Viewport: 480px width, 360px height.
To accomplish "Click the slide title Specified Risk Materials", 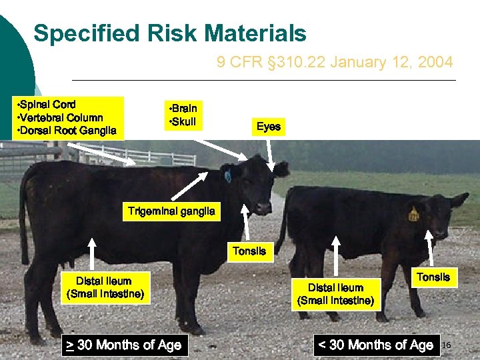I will click(170, 33).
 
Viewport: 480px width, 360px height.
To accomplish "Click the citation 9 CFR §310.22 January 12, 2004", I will click(335, 63).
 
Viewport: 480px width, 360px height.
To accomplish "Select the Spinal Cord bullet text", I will click(49, 104).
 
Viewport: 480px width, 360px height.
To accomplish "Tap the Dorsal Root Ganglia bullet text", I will click(68, 130).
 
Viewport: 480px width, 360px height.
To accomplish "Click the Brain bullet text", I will click(183, 108).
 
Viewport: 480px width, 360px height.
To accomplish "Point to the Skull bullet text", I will click(183, 121).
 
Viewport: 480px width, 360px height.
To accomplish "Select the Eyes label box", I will click(269, 127).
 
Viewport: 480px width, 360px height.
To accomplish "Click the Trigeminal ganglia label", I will click(171, 212).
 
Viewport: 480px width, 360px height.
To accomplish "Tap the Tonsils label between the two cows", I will click(249, 251).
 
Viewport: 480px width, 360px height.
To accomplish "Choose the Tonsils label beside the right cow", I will click(433, 277).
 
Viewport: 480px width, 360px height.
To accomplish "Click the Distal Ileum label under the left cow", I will click(103, 287).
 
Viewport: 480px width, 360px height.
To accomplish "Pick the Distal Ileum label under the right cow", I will click(335, 294).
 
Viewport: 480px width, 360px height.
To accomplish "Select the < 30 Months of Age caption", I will click(376, 345).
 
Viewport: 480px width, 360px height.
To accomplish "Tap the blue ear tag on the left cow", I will click(227, 176).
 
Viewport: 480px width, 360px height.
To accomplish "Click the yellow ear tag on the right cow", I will click(413, 214).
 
